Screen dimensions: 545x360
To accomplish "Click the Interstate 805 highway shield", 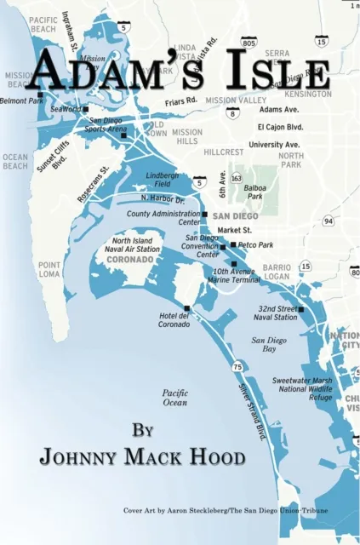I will click(249, 42).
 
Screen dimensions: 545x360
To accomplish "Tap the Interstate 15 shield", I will click(322, 41).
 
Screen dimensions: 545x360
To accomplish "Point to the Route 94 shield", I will click(328, 222).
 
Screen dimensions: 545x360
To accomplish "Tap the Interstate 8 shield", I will click(233, 112).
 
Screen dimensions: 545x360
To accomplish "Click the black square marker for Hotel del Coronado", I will click(186, 308).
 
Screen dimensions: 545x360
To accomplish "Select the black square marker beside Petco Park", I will click(233, 244).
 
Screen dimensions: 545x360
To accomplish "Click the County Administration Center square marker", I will click(204, 215).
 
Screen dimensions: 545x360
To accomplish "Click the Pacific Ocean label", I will click(174, 397).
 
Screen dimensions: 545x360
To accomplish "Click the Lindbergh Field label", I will click(163, 178).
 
